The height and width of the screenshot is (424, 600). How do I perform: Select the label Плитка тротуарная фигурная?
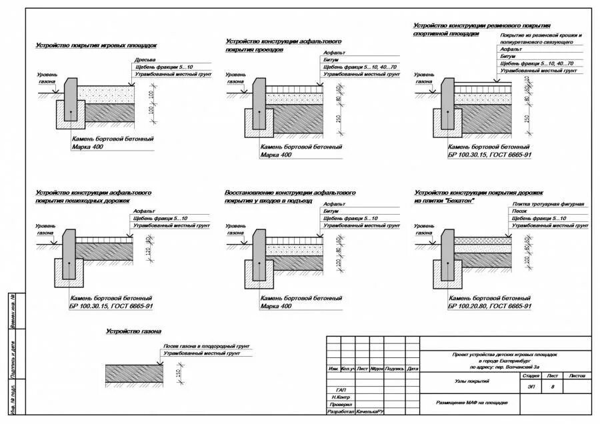(548, 203)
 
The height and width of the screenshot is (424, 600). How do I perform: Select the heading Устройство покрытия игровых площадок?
(96, 45)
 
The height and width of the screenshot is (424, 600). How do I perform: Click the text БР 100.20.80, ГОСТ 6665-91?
(490, 306)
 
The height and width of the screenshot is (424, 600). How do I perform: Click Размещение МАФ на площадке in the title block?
(472, 403)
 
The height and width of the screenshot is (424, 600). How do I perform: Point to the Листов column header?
(577, 376)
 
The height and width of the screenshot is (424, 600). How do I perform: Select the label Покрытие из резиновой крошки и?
(541, 35)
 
